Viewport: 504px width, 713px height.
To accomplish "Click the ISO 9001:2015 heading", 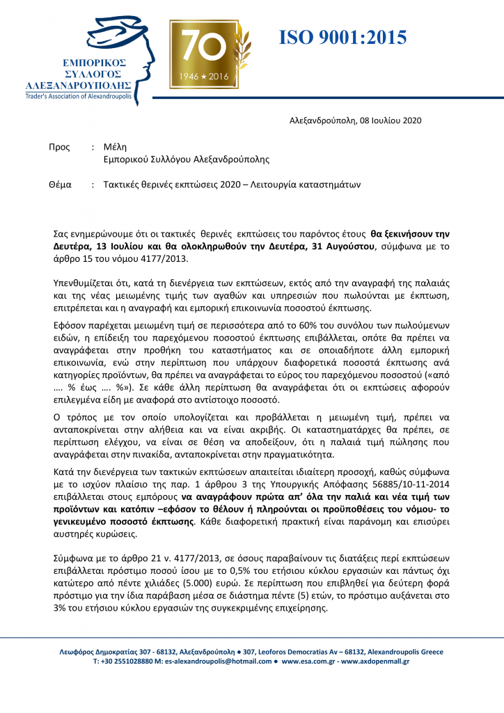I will pos(342,38).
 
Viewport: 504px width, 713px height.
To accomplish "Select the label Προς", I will pos(58,147).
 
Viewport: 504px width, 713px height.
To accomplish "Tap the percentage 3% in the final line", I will pos(60,607).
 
